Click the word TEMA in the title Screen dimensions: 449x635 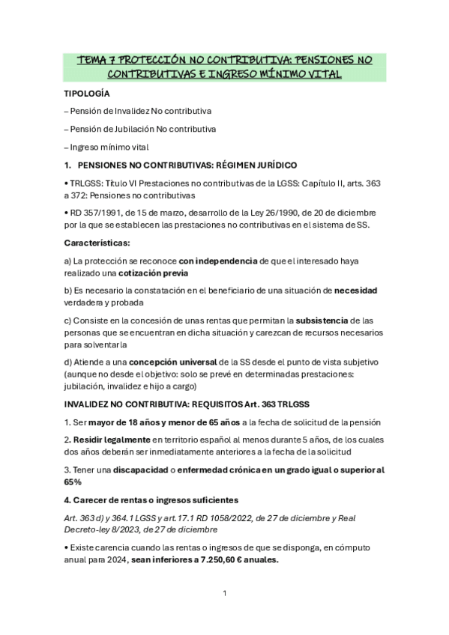(94, 60)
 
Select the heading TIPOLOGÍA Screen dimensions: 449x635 (87, 94)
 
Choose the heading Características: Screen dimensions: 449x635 (97, 243)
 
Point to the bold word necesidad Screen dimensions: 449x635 (355, 290)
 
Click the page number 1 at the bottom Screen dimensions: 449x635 (224, 594)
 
